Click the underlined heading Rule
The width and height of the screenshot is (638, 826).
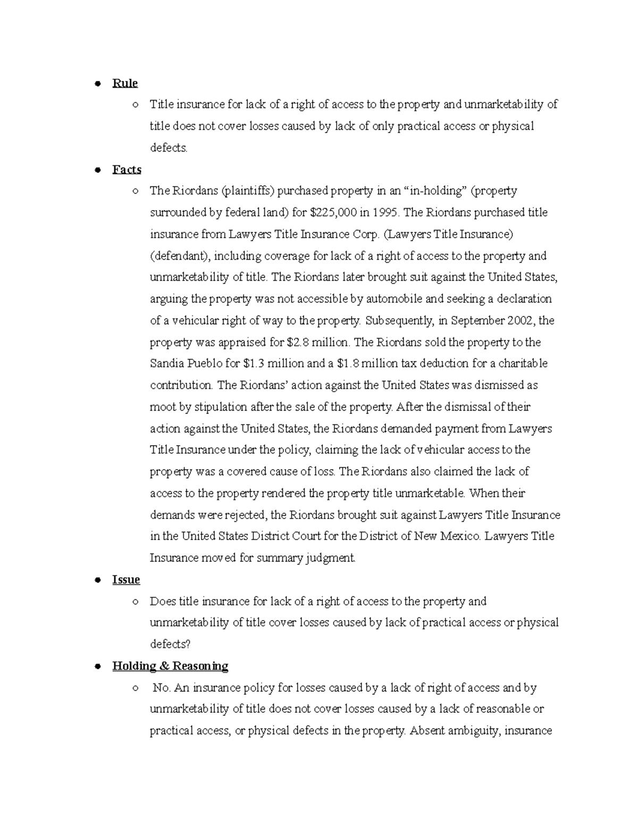tap(125, 83)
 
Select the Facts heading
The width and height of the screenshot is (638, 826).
tap(127, 170)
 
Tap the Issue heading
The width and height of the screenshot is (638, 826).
tap(126, 580)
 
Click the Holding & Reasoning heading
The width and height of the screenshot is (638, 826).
tap(170, 666)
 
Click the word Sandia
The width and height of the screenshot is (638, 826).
tap(167, 364)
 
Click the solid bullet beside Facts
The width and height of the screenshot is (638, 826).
tap(97, 170)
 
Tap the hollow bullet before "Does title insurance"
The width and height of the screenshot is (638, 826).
tap(136, 602)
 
